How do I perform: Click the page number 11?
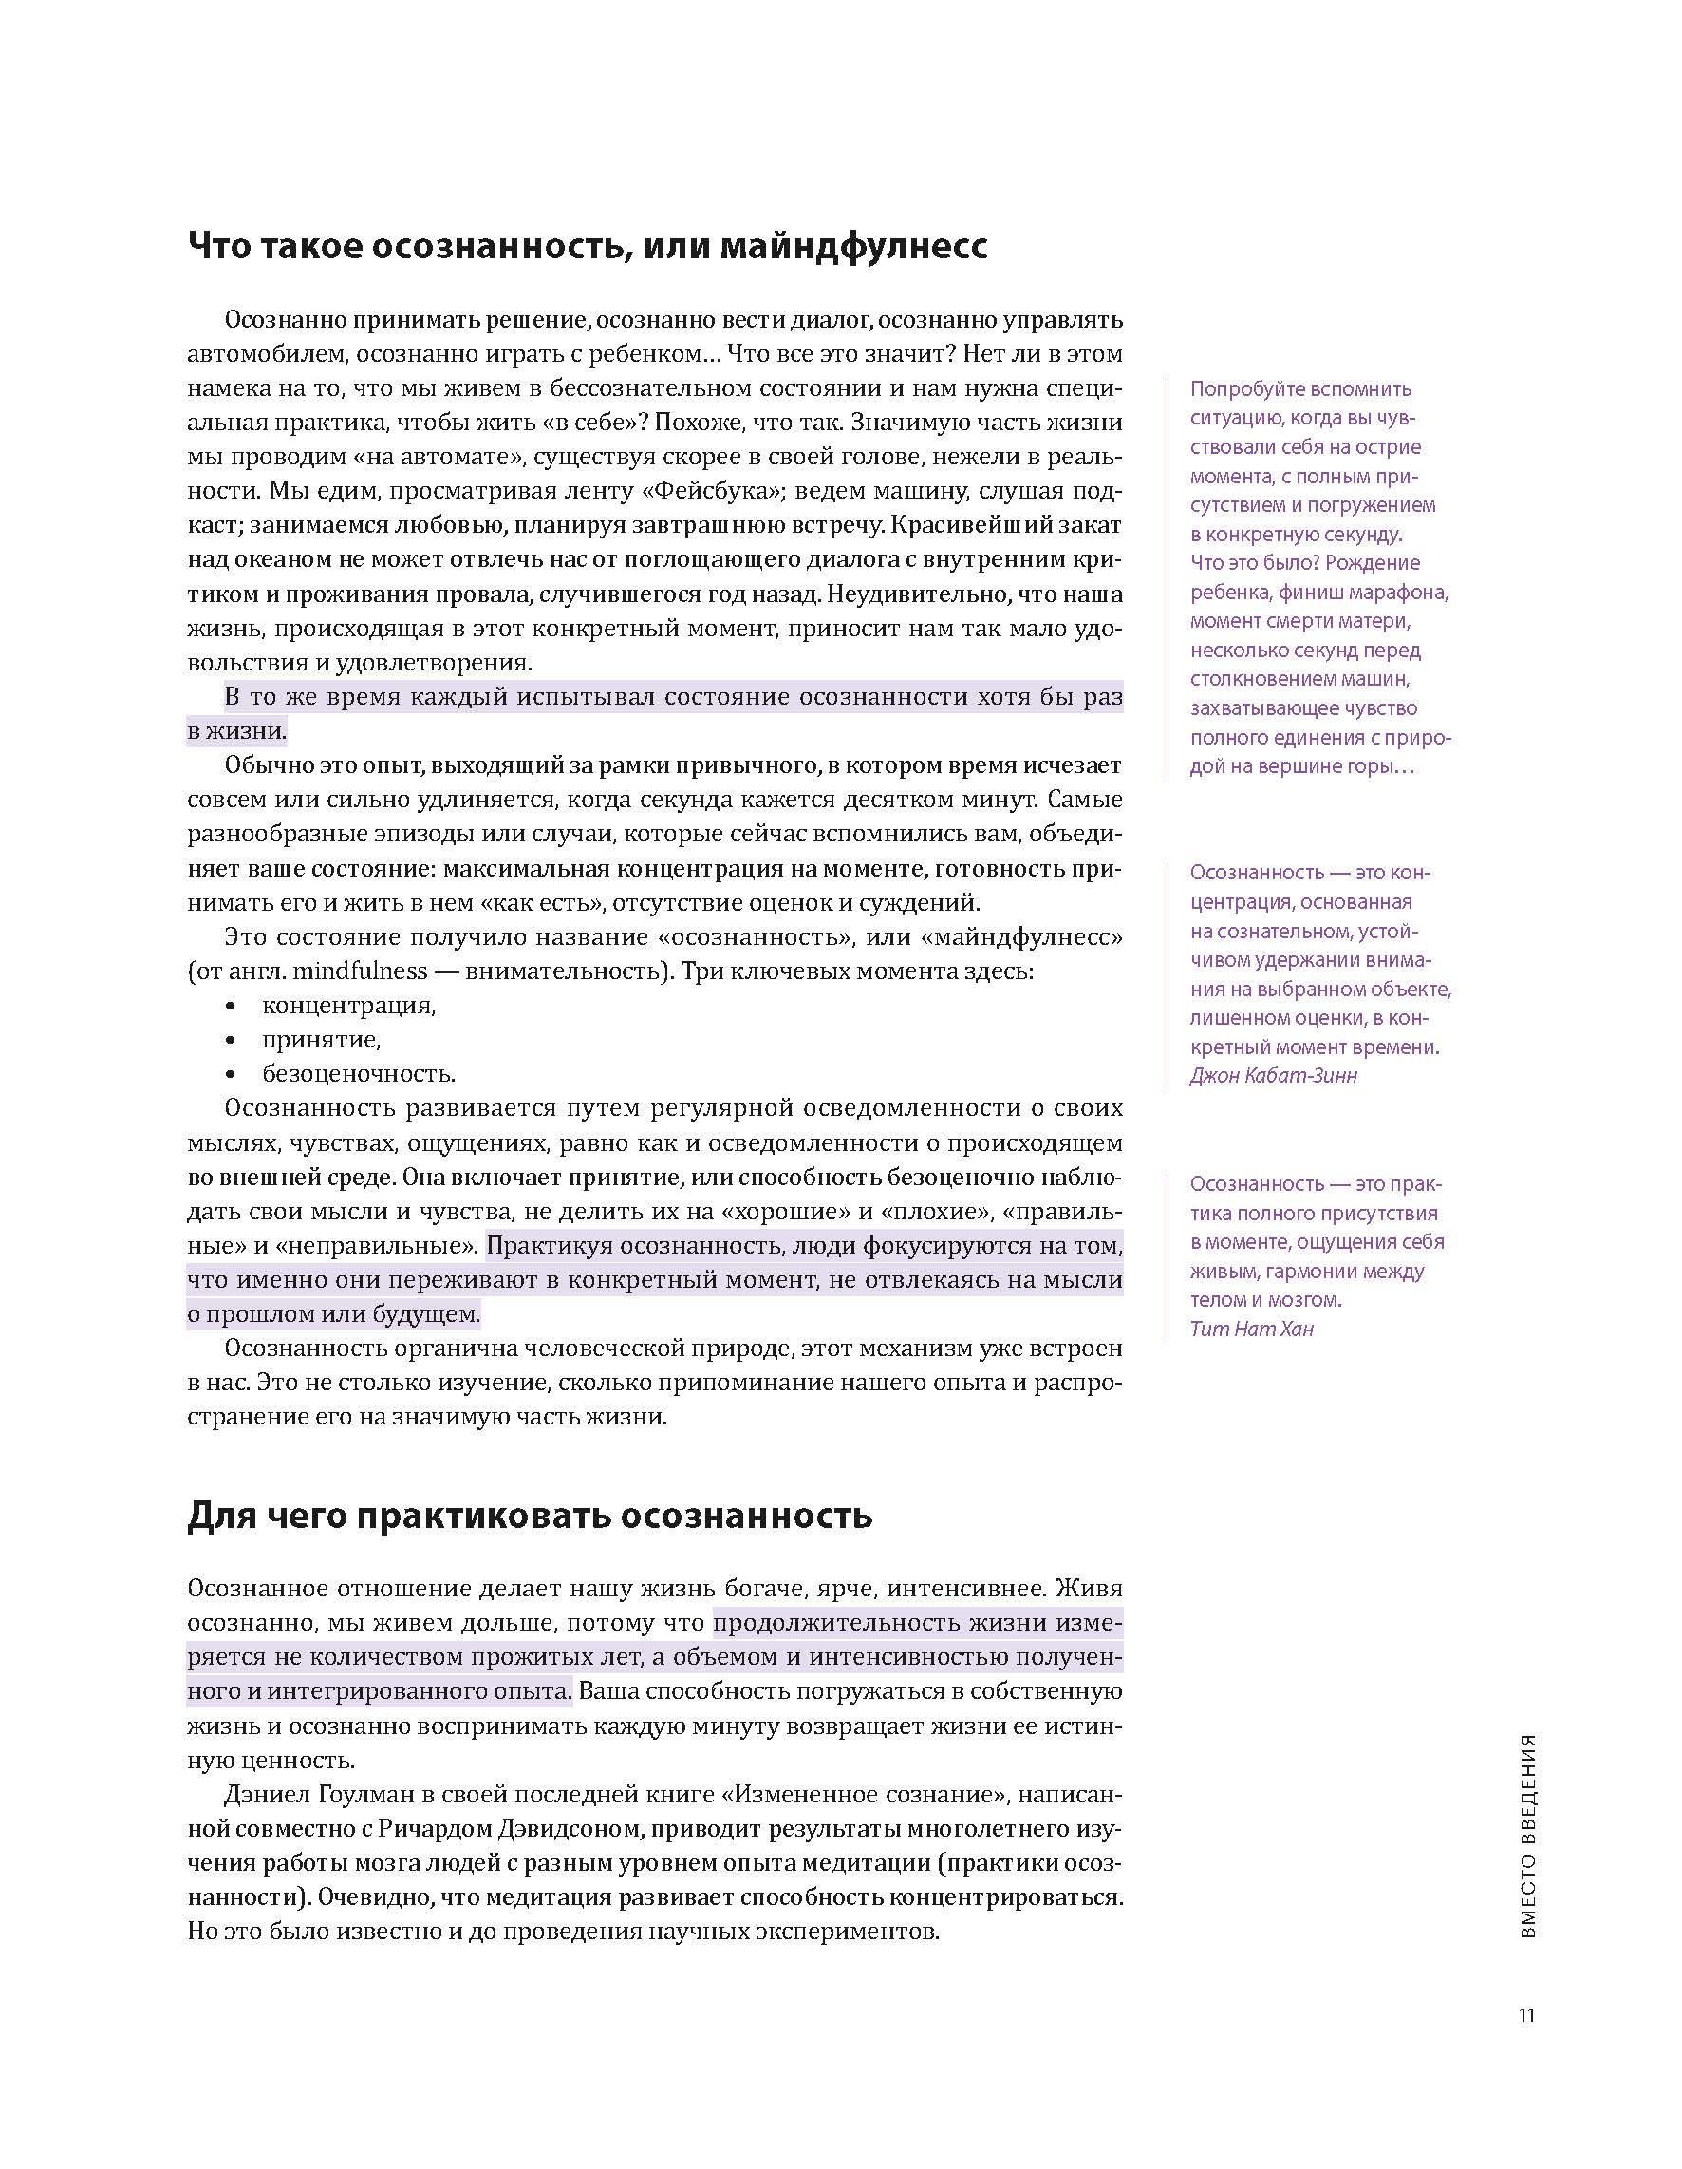click(1526, 2015)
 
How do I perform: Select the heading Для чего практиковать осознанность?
click(530, 1516)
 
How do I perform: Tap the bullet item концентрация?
click(348, 1005)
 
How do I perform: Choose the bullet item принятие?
click(322, 1039)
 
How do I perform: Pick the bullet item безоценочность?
click(359, 1073)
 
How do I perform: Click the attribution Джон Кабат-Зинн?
click(1273, 1076)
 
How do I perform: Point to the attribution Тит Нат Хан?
click(1251, 1329)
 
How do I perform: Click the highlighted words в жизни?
click(237, 732)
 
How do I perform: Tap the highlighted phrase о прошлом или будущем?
click(333, 1314)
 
